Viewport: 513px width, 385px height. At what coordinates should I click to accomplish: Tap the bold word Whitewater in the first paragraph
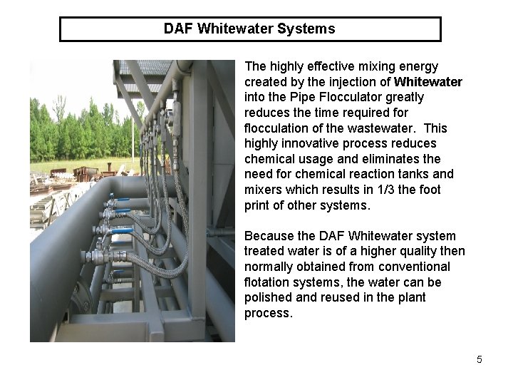point(427,82)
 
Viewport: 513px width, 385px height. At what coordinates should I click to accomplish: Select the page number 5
point(480,359)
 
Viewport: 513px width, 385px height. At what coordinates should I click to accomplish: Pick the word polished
point(266,297)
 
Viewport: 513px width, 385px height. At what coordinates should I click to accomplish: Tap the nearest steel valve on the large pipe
point(94,255)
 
